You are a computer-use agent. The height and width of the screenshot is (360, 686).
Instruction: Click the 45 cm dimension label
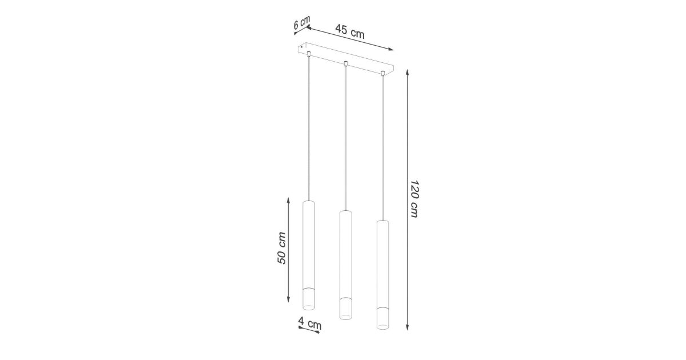(x=350, y=31)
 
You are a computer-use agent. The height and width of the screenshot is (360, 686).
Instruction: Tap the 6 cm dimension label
(x=302, y=22)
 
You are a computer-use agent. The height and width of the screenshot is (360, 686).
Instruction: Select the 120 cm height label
(x=414, y=199)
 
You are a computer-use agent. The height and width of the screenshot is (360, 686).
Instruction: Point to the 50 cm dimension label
(x=281, y=248)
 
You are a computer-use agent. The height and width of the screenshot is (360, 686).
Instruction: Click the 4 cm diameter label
(x=310, y=323)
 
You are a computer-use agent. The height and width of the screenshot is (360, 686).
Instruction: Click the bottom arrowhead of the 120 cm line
(x=407, y=327)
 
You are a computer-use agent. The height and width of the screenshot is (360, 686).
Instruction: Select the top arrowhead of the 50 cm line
(x=288, y=201)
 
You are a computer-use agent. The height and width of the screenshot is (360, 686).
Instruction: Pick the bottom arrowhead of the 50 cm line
(x=288, y=299)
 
